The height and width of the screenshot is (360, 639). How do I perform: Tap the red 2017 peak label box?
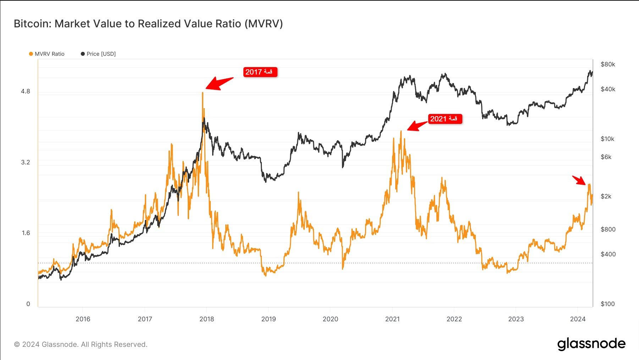coord(260,72)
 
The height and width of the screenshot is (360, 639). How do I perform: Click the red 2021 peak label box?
coord(445,119)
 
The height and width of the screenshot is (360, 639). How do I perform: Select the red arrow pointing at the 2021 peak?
coord(417,126)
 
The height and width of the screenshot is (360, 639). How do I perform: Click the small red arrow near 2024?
coord(579,180)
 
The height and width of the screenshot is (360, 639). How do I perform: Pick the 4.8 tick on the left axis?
coord(26,91)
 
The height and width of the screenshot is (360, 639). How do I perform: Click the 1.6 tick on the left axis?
coord(26,233)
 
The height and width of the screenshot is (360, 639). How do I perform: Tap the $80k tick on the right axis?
coord(608,64)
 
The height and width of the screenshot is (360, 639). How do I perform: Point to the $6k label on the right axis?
coord(606,157)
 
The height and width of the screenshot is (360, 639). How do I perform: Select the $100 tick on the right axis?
coord(607,304)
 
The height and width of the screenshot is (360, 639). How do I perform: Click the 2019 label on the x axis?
coord(269,319)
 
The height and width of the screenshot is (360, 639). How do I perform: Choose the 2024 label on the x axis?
coord(578,319)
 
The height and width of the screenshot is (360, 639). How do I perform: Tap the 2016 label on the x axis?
coord(83,319)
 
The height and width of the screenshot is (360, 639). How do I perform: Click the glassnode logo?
coord(591,344)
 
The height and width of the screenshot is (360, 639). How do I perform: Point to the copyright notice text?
coord(81,344)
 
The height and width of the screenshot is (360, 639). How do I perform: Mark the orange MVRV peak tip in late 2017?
coord(203,93)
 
